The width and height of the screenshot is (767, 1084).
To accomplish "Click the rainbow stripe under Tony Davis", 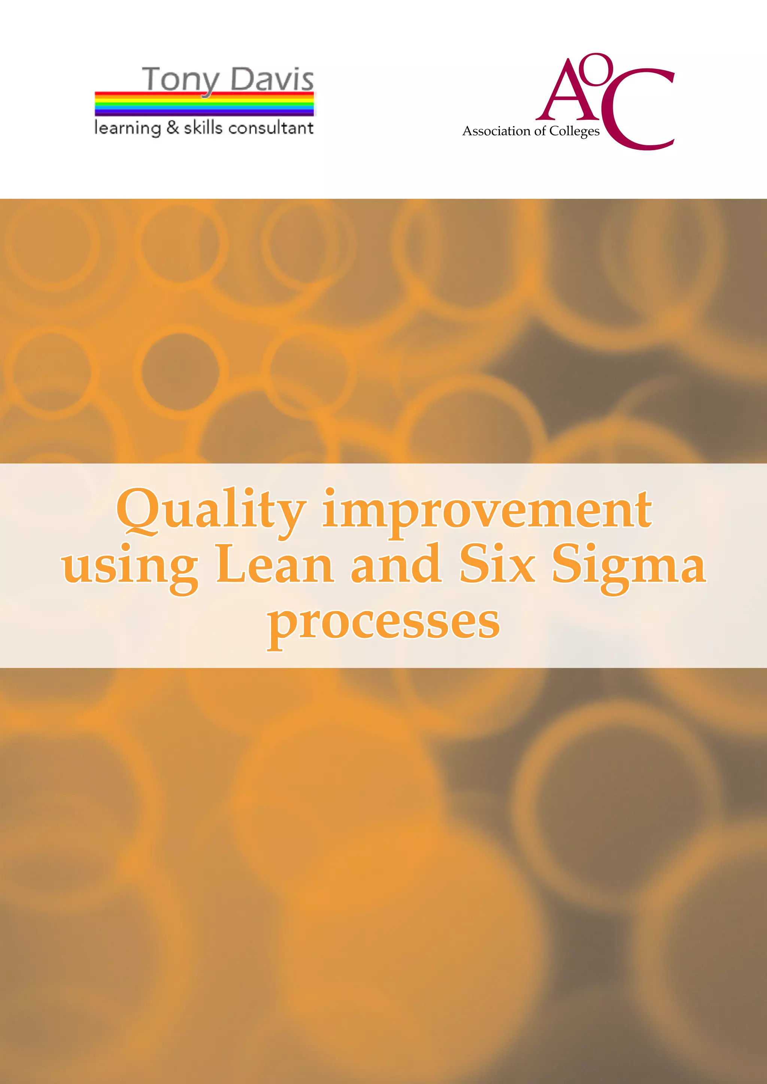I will (x=204, y=104).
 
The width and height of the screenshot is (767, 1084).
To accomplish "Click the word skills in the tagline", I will (x=203, y=128).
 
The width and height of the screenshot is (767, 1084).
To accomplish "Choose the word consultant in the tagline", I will (x=271, y=128).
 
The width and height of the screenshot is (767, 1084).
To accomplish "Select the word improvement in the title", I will (x=487, y=511).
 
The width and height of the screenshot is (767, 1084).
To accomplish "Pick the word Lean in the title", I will (x=275, y=564).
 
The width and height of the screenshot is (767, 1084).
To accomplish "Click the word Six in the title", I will (x=497, y=564).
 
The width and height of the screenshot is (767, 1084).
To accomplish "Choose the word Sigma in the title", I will (x=629, y=567).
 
